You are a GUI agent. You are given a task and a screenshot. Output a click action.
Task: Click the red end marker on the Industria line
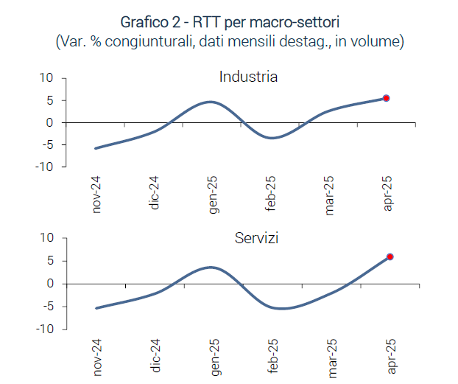click(x=386, y=98)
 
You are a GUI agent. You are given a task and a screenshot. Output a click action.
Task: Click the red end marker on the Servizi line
click(x=390, y=256)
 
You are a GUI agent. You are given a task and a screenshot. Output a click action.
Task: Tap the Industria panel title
click(x=248, y=77)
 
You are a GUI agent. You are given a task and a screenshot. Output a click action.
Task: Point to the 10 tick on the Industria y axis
click(x=46, y=77)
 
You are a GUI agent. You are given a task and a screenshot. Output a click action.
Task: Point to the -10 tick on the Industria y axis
click(x=44, y=167)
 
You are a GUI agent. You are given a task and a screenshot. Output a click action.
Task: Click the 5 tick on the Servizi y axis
click(x=49, y=260)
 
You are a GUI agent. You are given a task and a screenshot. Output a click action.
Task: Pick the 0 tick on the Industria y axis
click(x=49, y=122)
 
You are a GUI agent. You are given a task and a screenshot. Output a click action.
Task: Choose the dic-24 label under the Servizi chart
click(x=155, y=356)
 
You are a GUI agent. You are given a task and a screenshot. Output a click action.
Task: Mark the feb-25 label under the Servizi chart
click(x=271, y=356)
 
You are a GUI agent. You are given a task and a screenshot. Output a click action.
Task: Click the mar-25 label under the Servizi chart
click(x=329, y=356)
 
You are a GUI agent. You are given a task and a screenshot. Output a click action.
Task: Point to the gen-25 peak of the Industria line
click(x=211, y=102)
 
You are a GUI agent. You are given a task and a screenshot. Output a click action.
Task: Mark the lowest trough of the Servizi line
click(x=280, y=308)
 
